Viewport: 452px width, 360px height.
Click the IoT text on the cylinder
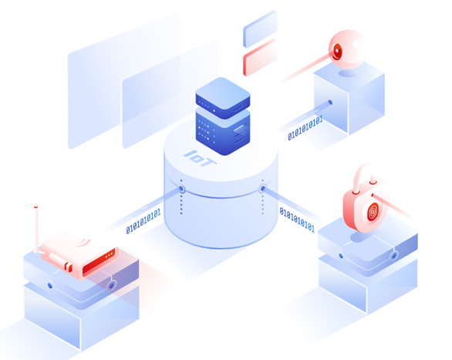200,158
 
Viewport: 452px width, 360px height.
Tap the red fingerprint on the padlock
373,212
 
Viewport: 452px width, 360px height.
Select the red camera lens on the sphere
337,52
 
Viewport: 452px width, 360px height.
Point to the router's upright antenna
36,228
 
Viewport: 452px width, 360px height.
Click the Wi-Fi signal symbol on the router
83,241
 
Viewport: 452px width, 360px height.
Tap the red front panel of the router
99,261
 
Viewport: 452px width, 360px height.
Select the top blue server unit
223,98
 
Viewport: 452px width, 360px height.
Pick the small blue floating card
260,29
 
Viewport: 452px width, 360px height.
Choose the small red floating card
260,57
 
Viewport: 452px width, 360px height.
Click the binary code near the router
143,221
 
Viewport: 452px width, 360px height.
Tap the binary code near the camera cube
305,128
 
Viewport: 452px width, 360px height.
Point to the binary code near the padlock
297,220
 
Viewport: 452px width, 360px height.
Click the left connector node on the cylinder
181,189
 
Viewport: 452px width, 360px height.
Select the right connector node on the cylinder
262,189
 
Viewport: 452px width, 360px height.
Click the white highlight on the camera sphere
357,44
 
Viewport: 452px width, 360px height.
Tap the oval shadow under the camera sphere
349,73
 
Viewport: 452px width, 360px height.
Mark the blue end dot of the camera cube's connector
330,103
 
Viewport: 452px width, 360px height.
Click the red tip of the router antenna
35,206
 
